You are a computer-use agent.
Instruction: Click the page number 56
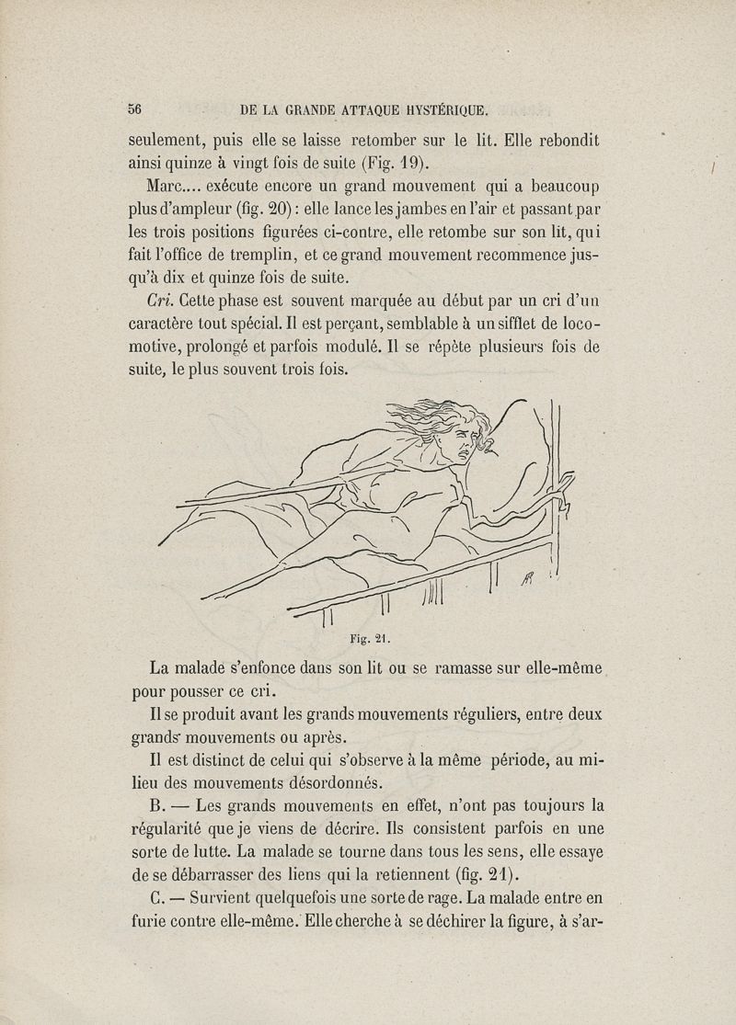click(134, 108)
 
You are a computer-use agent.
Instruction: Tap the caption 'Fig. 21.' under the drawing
click(366, 633)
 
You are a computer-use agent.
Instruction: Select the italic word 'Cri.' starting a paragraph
click(163, 300)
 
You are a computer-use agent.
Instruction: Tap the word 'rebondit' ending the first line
click(561, 142)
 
